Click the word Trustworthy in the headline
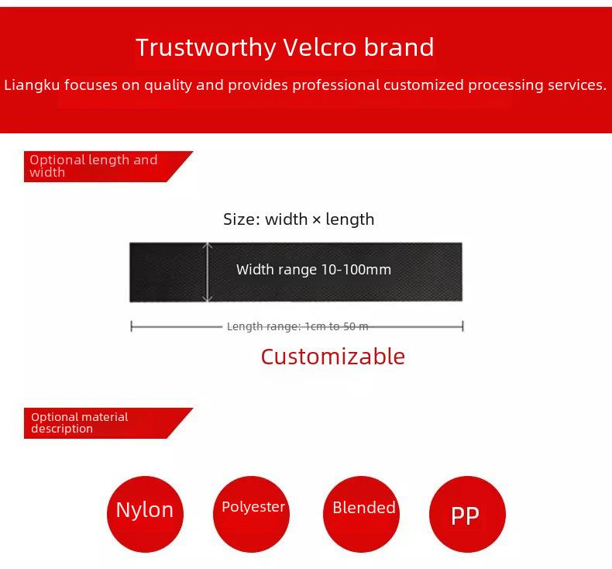click(206, 48)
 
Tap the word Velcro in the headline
click(320, 47)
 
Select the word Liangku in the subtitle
click(32, 85)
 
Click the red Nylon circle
click(145, 514)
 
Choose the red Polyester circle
click(251, 514)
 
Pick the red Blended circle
click(362, 514)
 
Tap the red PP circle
click(467, 514)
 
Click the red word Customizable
click(333, 357)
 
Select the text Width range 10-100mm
click(314, 270)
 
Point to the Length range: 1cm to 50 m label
click(297, 326)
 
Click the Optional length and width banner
click(108, 167)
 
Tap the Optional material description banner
click(108, 423)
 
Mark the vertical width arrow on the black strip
click(208, 272)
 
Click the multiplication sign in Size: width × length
click(317, 220)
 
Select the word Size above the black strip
click(239, 219)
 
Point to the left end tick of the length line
click(132, 326)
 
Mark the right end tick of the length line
click(462, 326)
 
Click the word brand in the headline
click(398, 47)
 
